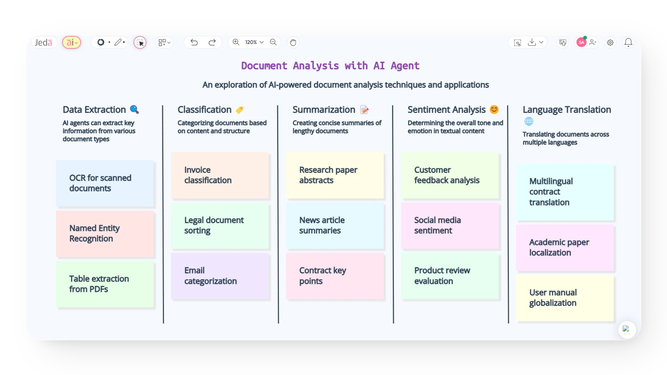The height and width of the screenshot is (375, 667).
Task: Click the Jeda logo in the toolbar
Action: point(43,42)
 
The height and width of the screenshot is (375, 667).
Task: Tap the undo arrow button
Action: point(194,42)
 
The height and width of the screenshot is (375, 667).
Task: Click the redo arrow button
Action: point(212,42)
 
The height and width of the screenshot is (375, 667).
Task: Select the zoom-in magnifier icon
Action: point(236,42)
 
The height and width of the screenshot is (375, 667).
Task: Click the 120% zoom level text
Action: point(251,42)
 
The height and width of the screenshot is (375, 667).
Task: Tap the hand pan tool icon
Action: point(293,42)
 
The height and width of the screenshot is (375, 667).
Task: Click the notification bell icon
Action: point(628,42)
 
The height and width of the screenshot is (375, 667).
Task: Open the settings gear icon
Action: point(610,43)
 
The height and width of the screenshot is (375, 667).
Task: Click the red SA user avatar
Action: point(581,42)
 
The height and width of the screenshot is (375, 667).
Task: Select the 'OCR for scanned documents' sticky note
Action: point(105,183)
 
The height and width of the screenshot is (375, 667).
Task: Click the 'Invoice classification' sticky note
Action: point(220,175)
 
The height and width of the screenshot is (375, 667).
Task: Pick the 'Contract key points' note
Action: point(335,276)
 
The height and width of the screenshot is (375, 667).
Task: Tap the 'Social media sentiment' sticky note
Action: point(450,226)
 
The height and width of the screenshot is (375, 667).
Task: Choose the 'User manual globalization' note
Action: point(565,298)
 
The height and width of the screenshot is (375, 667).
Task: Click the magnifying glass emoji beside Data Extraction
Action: point(134,109)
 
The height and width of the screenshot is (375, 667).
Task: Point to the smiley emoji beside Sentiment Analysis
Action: point(494,109)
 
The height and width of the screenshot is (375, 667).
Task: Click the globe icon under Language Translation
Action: point(529,121)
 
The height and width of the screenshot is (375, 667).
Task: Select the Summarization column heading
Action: point(324,110)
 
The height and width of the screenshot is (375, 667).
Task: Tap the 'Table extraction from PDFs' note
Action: point(105,284)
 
